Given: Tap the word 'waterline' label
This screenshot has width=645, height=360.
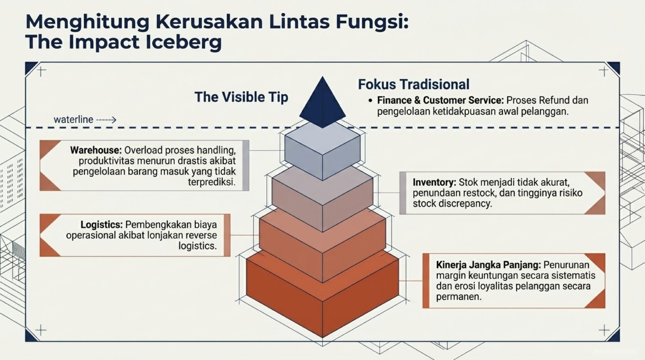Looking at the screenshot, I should pos(73,120).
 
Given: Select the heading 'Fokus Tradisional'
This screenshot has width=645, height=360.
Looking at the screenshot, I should pos(414,84).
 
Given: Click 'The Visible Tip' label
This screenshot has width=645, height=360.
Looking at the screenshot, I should pos(241,97).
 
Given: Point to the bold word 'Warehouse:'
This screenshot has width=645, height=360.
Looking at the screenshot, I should pos(96,150).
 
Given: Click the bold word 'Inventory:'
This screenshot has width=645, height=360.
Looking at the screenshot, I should pos(434,182).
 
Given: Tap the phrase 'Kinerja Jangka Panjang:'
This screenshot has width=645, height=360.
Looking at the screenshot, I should pos(488,265).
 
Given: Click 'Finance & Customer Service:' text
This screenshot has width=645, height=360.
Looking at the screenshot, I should pos(440,100).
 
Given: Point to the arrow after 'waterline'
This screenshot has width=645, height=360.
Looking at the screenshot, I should pos(106,120).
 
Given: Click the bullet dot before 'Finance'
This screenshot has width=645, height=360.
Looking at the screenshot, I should pos(370,101).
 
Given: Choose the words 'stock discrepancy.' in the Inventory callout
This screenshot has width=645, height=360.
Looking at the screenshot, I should pos(452,204).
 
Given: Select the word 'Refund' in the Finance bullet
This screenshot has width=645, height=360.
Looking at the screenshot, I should pos(554,100).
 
